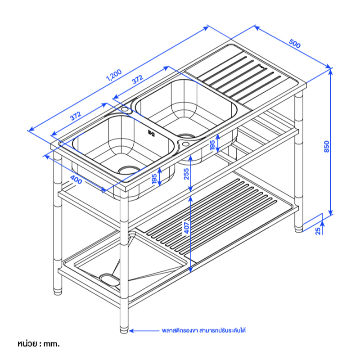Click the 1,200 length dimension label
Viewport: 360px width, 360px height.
point(114,75)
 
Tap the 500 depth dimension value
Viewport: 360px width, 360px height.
point(295,44)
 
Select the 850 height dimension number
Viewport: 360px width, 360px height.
point(327,146)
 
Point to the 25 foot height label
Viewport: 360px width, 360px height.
point(318,231)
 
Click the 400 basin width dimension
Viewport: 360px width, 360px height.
point(76,180)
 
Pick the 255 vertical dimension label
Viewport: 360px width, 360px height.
point(186,174)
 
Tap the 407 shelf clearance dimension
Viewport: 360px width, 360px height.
point(187,228)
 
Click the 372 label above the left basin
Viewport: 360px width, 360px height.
point(76,116)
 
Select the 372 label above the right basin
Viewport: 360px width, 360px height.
point(138,79)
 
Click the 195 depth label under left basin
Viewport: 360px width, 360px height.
point(154,179)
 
